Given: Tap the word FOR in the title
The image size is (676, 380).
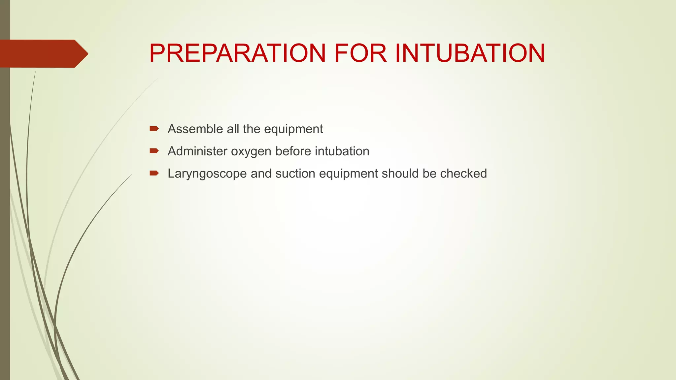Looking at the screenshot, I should coord(360,53).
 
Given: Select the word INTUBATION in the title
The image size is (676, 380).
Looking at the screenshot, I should coord(470,53).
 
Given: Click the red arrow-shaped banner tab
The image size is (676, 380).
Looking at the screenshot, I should coord(43,53).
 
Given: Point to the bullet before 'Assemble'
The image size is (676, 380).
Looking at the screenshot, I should coord(154,129).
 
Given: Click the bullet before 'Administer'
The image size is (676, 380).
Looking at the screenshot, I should coord(154,151).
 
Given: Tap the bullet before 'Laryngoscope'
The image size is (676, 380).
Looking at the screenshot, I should coord(154,173).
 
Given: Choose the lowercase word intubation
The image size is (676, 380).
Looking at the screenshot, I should coord(342,151).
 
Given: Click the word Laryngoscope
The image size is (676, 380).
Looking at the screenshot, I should coord(207,174).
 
